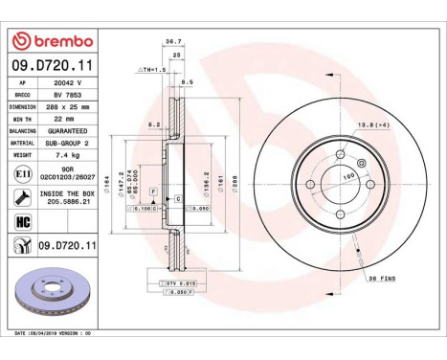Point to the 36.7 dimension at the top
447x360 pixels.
tap(173, 68)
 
